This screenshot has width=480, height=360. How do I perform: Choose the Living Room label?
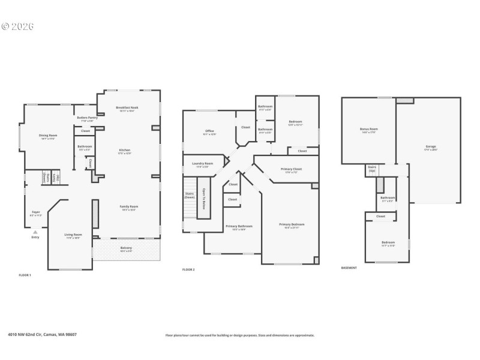(73, 235)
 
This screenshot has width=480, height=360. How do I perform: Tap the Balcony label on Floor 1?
(126, 248)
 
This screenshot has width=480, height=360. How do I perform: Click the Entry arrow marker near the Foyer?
(35, 232)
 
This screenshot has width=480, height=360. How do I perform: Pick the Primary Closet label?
(291, 169)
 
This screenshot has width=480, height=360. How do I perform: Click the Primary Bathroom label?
(239, 226)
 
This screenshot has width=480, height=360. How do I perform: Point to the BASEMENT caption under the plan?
(349, 268)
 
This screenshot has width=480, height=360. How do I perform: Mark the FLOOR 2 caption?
(188, 269)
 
